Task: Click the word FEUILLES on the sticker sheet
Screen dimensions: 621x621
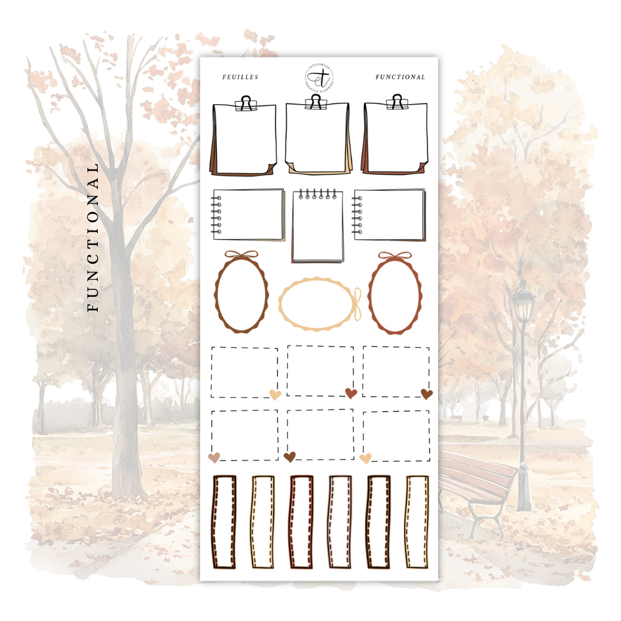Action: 240,77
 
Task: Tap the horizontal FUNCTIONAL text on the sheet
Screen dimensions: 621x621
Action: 400,77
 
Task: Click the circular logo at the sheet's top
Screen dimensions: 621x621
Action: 319,78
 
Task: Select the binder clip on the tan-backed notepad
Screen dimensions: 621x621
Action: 314,102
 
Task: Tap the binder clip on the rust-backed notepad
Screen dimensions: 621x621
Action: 396,102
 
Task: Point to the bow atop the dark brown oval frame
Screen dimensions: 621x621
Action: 241,255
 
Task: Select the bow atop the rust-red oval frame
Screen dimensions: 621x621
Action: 394,255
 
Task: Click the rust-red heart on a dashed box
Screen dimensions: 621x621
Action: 351,393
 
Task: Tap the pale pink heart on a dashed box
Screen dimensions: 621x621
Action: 214,458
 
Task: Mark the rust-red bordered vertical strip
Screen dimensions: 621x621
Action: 301,522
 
